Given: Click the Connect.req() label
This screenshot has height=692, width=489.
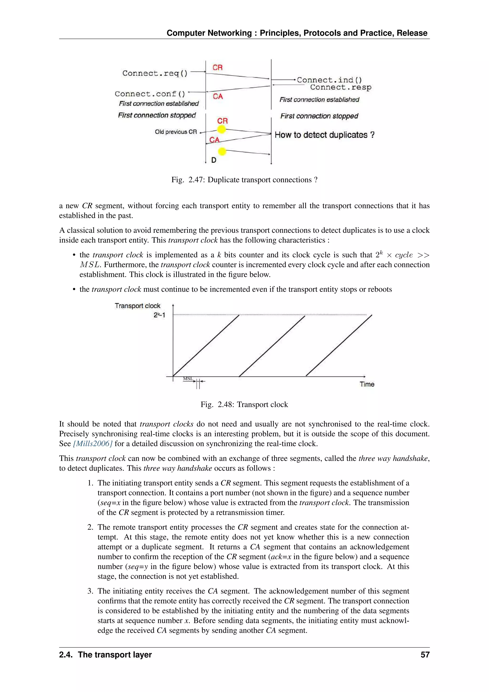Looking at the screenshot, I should click(x=155, y=73).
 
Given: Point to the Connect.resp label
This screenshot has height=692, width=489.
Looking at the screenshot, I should click(x=340, y=87).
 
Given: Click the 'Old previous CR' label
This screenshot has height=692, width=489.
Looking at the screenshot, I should click(x=175, y=132).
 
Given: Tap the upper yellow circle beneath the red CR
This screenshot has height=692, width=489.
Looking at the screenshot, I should click(x=221, y=130).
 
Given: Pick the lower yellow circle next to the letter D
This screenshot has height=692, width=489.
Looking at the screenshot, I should click(x=222, y=151).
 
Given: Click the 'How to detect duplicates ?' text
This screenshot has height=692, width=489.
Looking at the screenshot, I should click(x=324, y=135).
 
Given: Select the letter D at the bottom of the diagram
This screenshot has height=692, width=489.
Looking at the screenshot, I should click(x=213, y=160).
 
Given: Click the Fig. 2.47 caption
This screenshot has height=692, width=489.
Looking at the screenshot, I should click(x=244, y=180).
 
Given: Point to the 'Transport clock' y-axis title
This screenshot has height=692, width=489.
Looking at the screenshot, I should click(x=137, y=306).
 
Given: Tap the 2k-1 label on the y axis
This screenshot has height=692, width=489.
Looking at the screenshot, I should click(x=159, y=315).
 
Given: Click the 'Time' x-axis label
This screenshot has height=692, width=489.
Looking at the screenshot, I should click(x=367, y=384).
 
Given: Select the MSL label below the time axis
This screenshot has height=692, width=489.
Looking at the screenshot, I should click(x=188, y=378).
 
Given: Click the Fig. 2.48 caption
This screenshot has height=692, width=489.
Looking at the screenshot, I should click(x=244, y=405).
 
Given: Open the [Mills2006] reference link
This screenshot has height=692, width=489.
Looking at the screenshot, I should click(x=93, y=444).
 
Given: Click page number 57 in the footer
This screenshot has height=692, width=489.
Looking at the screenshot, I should click(x=425, y=655).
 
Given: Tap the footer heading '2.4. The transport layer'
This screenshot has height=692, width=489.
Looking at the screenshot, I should click(x=105, y=655).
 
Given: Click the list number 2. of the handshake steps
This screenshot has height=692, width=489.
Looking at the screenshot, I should click(x=90, y=527).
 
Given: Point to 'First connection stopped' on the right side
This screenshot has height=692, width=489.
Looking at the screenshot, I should click(x=319, y=116).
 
